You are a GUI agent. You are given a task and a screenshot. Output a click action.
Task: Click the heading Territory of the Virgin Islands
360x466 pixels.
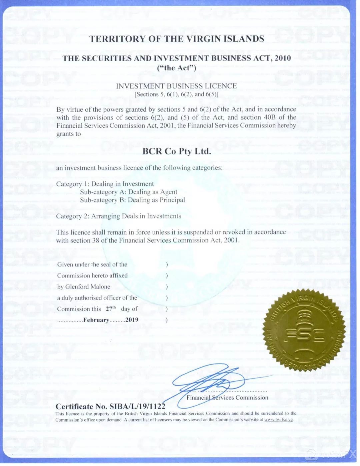click(x=177, y=39)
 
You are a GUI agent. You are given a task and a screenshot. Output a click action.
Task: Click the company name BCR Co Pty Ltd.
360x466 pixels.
click(x=177, y=151)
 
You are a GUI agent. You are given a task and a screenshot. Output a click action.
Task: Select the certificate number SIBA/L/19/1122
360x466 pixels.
click(x=137, y=406)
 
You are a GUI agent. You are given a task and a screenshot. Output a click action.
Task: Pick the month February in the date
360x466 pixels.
click(x=96, y=320)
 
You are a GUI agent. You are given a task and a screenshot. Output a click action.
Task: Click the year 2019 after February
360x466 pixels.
click(x=132, y=320)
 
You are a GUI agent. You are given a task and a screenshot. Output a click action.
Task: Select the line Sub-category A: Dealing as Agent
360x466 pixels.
click(x=128, y=192)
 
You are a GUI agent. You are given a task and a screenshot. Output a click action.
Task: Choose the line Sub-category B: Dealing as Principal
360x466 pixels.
click(x=132, y=200)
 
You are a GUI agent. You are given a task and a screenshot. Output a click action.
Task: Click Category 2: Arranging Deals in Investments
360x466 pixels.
click(x=118, y=216)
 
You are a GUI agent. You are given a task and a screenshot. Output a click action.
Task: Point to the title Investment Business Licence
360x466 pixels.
click(x=176, y=86)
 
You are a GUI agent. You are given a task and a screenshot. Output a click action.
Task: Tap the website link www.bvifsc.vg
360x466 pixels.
click(x=279, y=420)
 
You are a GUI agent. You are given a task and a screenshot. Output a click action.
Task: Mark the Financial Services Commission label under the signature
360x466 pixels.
click(x=227, y=397)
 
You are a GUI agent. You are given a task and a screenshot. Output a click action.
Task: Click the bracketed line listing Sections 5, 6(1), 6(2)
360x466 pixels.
click(x=176, y=94)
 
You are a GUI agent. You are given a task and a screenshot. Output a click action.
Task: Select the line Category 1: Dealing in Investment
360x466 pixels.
click(x=105, y=184)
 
